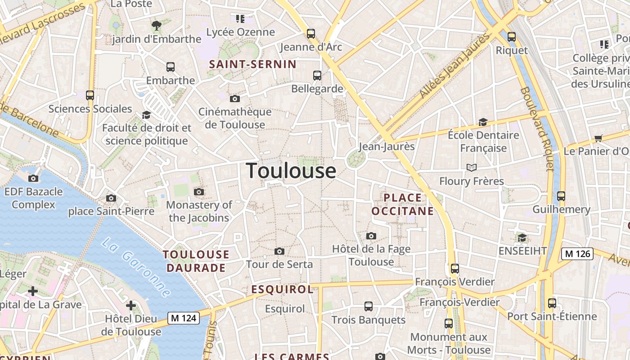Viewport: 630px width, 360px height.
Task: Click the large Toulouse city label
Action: pos(291,171)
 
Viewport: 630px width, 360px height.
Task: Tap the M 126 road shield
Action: pos(577,254)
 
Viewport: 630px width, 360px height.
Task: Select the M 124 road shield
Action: pos(184,318)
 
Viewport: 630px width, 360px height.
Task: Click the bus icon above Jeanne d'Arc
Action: pos(311,33)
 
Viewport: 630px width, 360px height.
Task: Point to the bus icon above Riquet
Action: pos(512,36)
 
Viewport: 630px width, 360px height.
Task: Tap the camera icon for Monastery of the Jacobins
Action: pos(199,192)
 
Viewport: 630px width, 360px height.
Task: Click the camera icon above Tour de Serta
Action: pos(279,251)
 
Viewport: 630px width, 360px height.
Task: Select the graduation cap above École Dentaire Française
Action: pos(483,122)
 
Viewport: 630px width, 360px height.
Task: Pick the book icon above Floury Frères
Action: pos(472,168)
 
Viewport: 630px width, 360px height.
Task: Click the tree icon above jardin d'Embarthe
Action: pos(157,25)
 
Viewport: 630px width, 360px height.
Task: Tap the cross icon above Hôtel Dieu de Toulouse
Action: pos(131,306)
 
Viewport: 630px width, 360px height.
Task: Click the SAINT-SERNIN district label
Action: pos(253,64)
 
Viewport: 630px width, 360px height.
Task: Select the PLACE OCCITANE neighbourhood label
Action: pos(403,204)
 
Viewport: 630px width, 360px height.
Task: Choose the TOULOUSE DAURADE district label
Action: pos(196,261)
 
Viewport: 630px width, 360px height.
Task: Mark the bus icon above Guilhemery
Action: pos(561,196)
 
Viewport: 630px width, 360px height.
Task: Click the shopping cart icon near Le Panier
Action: pos(598,138)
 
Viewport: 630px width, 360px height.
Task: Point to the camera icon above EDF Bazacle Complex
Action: pos(33,179)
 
